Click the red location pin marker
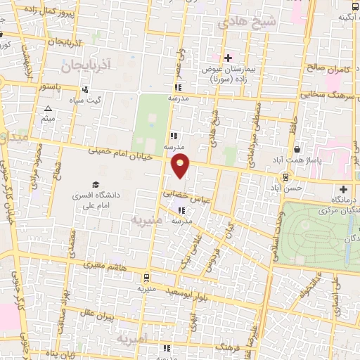181,167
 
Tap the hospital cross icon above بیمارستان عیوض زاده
227,58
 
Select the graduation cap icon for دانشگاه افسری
95,184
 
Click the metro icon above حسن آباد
285,176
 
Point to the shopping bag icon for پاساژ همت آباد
297,150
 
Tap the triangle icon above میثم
48,108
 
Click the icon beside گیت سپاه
86,90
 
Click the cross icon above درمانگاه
342,190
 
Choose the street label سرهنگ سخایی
330,94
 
